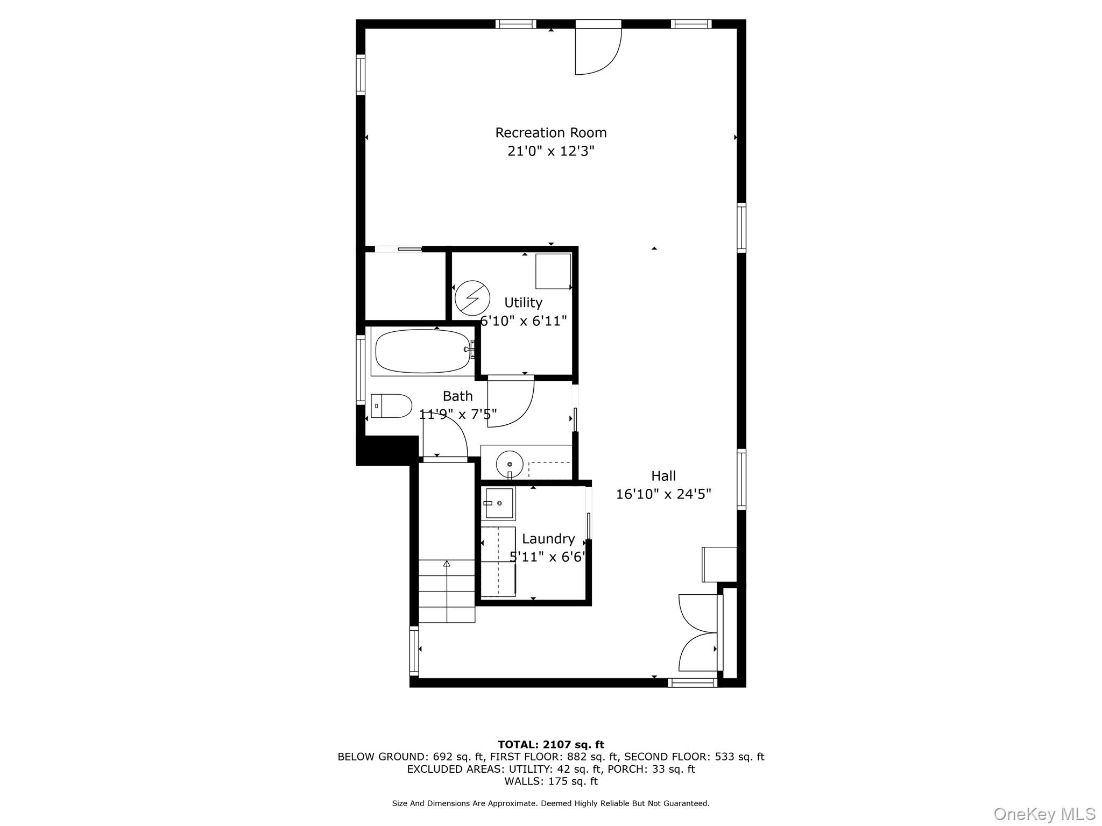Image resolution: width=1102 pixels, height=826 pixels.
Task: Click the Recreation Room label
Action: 550,132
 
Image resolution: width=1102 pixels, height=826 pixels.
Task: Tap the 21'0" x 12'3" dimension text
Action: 550,151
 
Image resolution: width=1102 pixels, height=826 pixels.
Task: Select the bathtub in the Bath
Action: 422,351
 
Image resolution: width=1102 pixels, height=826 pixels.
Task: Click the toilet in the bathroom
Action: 391,406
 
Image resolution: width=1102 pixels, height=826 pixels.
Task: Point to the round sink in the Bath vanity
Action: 509,464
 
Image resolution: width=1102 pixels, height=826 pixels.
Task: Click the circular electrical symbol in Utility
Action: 472,298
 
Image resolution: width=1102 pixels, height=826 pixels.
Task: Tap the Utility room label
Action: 523,302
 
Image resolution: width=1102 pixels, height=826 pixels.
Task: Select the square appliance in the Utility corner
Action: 553,271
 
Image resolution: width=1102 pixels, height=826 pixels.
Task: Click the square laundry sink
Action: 498,503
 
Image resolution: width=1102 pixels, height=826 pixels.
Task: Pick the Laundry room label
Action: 548,538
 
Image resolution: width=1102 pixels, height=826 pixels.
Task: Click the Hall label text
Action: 663,475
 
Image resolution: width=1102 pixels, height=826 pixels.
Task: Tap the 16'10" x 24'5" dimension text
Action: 663,494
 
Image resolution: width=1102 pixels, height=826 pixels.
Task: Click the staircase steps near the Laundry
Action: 447,592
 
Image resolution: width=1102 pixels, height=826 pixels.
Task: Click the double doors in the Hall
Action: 698,632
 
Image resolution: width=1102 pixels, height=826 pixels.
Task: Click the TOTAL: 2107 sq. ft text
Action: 550,744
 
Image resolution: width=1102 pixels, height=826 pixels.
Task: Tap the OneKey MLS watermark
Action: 1044,814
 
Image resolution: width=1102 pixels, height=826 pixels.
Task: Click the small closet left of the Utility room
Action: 405,286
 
